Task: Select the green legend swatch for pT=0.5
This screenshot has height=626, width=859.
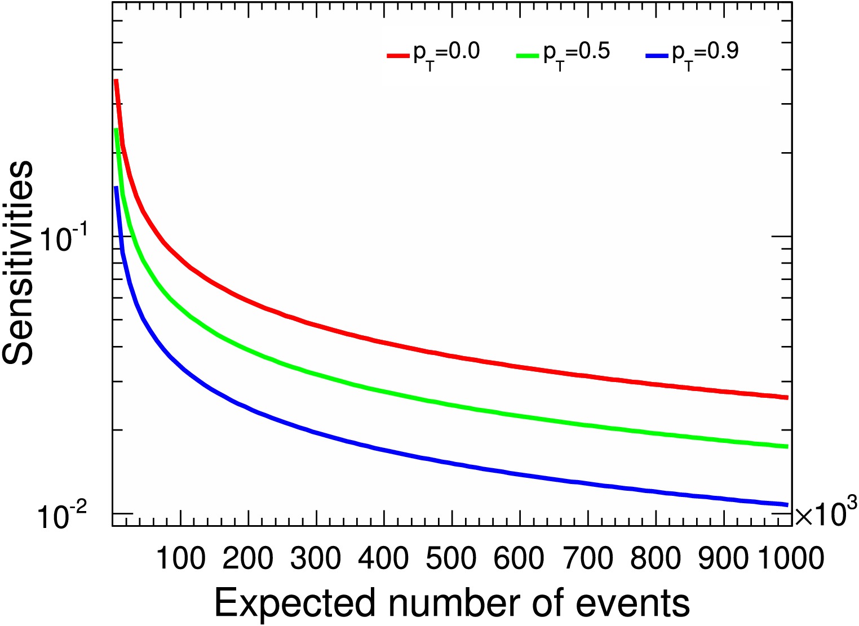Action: point(528,55)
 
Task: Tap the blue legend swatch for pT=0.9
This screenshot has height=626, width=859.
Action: point(657,55)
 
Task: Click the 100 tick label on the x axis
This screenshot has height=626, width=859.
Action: point(180,558)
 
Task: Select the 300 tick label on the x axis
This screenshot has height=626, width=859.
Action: point(316,558)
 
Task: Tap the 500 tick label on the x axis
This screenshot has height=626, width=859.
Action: point(451,558)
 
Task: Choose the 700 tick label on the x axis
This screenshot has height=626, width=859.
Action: point(587,558)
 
